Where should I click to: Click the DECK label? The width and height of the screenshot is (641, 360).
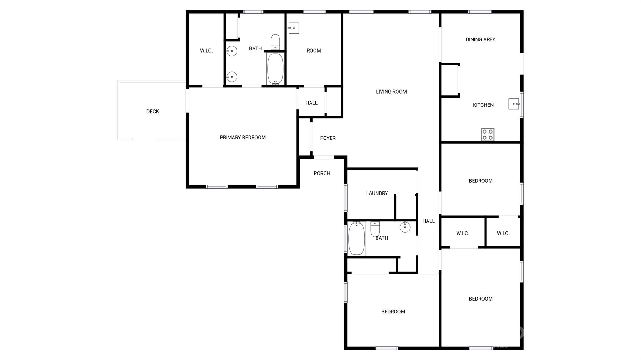(x=153, y=112)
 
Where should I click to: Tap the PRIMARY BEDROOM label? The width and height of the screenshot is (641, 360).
(x=243, y=138)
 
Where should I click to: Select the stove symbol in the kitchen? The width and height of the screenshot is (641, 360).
(x=487, y=134)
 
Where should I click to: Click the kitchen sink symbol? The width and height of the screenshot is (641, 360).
(x=514, y=104)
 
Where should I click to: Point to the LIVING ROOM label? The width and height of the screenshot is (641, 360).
(x=391, y=92)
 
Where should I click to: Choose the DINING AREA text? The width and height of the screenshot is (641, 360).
(x=480, y=39)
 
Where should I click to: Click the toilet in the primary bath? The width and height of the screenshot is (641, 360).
(x=275, y=42)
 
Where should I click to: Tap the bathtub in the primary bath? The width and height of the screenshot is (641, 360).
(x=275, y=69)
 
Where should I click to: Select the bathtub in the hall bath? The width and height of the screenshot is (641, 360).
(x=356, y=238)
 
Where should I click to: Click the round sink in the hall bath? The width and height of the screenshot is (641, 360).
(x=405, y=227)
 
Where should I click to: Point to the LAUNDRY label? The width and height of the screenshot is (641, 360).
(x=377, y=193)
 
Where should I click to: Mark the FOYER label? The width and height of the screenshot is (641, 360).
(x=328, y=138)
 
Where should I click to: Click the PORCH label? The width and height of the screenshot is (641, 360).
(x=322, y=173)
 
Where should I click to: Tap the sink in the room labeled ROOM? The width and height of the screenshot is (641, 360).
(x=293, y=28)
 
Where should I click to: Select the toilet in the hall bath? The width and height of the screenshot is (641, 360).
(x=375, y=229)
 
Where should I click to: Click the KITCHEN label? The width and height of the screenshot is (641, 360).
(x=483, y=105)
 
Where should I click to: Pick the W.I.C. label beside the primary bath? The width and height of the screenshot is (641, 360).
(x=206, y=51)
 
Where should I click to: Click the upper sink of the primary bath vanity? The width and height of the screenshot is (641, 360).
(x=232, y=51)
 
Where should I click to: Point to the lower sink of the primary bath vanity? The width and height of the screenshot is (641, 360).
(x=232, y=77)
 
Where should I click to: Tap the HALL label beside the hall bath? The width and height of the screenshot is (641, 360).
(x=428, y=221)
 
